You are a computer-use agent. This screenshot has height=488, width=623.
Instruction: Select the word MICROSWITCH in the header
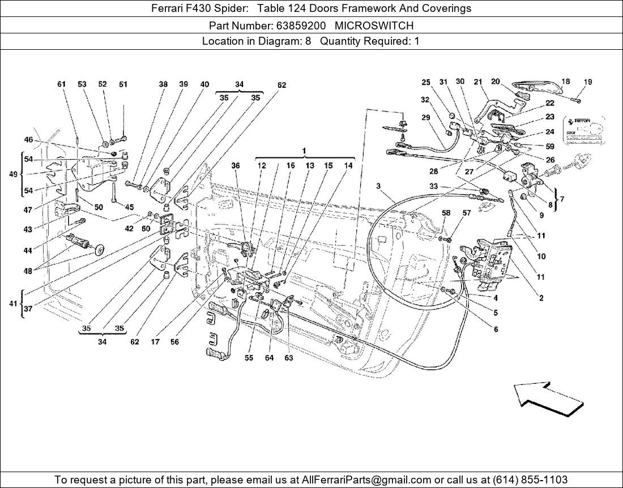click(x=374, y=25)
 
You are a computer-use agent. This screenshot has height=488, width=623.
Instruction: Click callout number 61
click(x=62, y=84)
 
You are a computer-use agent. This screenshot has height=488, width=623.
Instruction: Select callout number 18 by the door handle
click(x=565, y=82)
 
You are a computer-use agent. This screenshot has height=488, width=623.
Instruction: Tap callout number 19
click(x=588, y=82)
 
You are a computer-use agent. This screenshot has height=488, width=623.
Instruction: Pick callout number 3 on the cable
click(x=378, y=186)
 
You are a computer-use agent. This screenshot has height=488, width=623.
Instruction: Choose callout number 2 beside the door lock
click(x=541, y=298)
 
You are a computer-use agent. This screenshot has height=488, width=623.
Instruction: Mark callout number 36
click(x=236, y=166)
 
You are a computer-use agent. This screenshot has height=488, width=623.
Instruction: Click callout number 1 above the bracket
click(x=304, y=151)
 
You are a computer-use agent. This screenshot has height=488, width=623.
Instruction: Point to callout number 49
click(x=13, y=174)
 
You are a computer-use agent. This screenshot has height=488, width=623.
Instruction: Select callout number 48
click(x=27, y=271)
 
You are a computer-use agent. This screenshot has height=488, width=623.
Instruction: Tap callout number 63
click(x=289, y=358)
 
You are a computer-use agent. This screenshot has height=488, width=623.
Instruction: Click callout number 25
click(x=426, y=83)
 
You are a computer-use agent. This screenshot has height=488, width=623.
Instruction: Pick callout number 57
click(x=467, y=213)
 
